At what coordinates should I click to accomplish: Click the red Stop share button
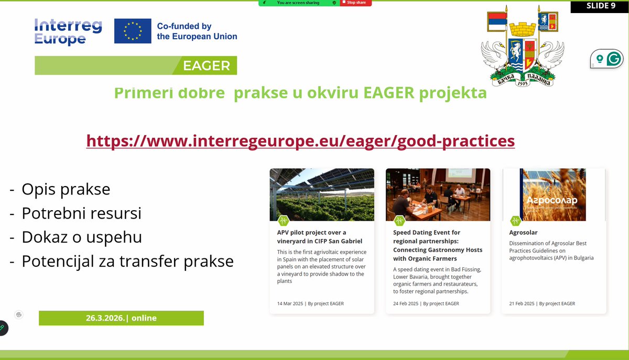pyautogui.click(x=356, y=3)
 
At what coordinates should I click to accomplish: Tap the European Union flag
pyautogui.click(x=133, y=31)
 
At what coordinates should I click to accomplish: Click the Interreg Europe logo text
pyautogui.click(x=68, y=31)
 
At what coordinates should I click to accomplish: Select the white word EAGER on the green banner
pyautogui.click(x=207, y=66)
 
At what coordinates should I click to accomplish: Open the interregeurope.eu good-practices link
pyautogui.click(x=300, y=141)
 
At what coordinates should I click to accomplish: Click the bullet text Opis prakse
pyautogui.click(x=66, y=189)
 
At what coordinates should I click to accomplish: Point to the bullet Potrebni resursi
pyautogui.click(x=81, y=213)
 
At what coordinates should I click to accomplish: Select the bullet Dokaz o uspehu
pyautogui.click(x=81, y=237)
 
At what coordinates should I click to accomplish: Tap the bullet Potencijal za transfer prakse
pyautogui.click(x=127, y=261)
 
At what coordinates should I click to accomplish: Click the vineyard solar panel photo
pyautogui.click(x=322, y=194)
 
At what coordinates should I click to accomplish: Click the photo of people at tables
pyautogui.click(x=438, y=194)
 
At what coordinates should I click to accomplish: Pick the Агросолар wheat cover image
pyautogui.click(x=554, y=194)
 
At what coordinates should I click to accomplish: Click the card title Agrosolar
pyautogui.click(x=523, y=232)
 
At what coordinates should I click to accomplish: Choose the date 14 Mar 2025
pyautogui.click(x=290, y=303)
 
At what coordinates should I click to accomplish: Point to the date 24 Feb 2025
pyautogui.click(x=406, y=303)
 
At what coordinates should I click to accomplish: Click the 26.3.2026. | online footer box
pyautogui.click(x=121, y=318)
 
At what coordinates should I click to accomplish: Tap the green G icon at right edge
pyautogui.click(x=613, y=59)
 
